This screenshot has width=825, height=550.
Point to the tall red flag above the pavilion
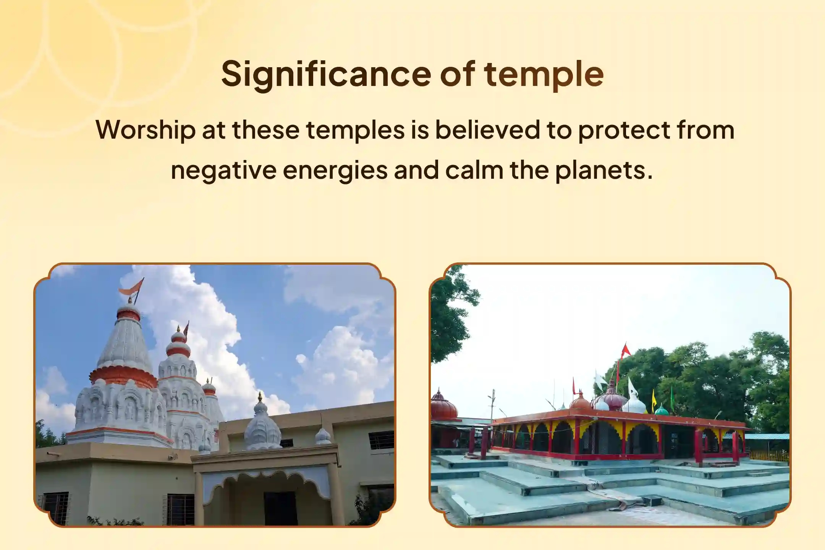click(x=625, y=350)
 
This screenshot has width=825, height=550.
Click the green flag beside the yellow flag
click(x=672, y=393)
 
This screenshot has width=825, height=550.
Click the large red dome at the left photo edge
click(x=443, y=405)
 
